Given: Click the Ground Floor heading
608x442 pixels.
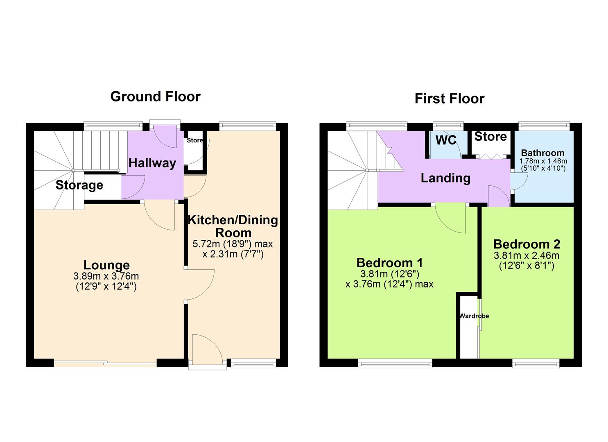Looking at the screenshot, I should tap(155, 97).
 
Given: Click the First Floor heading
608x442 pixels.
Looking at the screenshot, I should tap(449, 99).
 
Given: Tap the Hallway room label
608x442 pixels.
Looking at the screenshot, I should tap(152, 163).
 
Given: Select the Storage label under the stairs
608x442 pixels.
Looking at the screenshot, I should tap(79, 185).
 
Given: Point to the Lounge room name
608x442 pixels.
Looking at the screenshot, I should tap(106, 265).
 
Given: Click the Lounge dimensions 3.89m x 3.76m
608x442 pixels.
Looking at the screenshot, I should tap(106, 277).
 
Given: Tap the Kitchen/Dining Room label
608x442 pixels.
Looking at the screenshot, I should tap(233, 226).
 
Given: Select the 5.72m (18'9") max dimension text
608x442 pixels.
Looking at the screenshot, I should tap(233, 244).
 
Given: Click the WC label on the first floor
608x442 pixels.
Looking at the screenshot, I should tap(446, 140).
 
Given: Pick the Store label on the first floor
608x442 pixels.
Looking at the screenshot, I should tap(490, 136).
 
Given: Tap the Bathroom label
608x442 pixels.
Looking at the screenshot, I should tap(542, 153).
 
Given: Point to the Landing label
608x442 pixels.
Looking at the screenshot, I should tap(445, 178).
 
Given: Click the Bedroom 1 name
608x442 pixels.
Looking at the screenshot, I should tap(389, 262).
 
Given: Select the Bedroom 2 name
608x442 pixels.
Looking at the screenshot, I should tap(527, 244).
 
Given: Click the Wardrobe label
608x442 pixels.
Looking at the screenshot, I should tap(474, 316).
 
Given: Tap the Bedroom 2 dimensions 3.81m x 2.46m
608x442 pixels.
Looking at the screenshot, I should tap(527, 256).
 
